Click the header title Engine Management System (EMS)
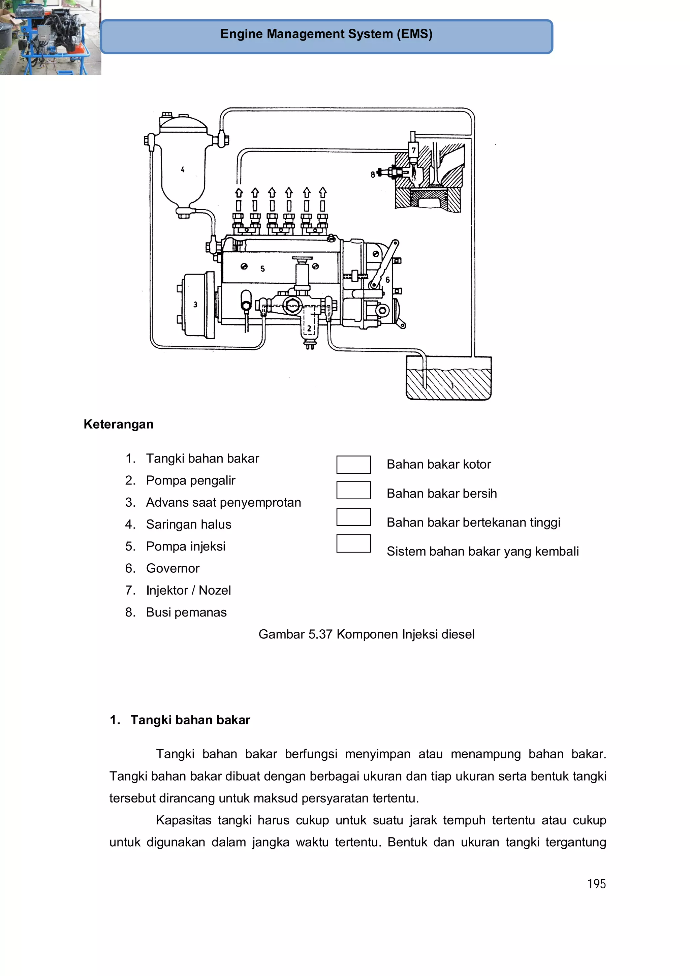point(326,34)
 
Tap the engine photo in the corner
point(50,37)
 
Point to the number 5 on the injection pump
point(262,269)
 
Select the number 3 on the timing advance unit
point(195,304)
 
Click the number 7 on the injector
point(413,151)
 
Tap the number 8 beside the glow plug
point(373,174)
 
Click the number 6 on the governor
point(387,280)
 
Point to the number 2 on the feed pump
point(309,328)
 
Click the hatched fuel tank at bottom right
point(448,383)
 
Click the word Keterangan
point(118,424)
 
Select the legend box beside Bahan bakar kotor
point(353,465)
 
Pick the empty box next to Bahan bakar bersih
point(353,490)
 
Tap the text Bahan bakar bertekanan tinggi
point(473,523)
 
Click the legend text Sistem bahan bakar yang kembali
point(482,552)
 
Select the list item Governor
point(172,568)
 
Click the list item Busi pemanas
point(186,612)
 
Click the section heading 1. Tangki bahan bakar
point(180,720)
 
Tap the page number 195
point(596,884)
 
